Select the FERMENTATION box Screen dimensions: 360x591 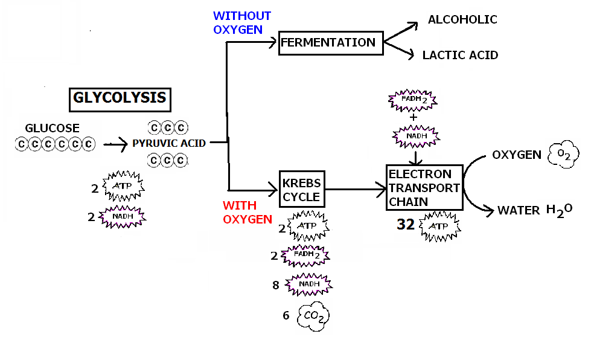pyautogui.click(x=330, y=43)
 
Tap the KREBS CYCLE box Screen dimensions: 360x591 pyautogui.click(x=301, y=189)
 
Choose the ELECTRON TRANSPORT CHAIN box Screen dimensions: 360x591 pyautogui.click(x=424, y=187)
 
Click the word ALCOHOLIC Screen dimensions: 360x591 pyautogui.click(x=462, y=20)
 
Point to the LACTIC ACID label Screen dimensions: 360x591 pyautogui.click(x=461, y=56)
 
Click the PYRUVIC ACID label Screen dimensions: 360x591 pyautogui.click(x=169, y=144)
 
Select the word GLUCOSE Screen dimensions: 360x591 pyautogui.click(x=52, y=129)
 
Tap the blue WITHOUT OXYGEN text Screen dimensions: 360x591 pyautogui.click(x=242, y=22)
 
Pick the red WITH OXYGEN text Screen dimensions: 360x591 pyautogui.click(x=248, y=212)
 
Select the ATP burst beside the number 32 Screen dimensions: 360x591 pyautogui.click(x=438, y=226)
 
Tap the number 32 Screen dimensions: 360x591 pyautogui.click(x=406, y=225)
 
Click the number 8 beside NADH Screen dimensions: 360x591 pyautogui.click(x=276, y=285)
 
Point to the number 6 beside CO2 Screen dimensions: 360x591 pyautogui.click(x=286, y=315)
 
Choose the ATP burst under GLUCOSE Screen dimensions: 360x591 pyautogui.click(x=123, y=187)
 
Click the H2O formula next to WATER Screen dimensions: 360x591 pyautogui.click(x=559, y=210)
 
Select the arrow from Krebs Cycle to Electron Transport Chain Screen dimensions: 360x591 pyautogui.click(x=356, y=189)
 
